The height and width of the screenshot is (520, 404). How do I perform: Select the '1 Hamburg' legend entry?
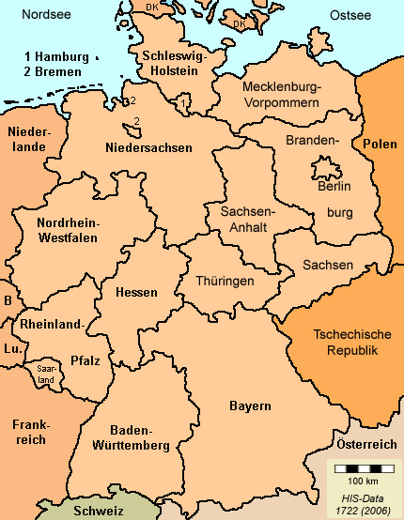coord(58,56)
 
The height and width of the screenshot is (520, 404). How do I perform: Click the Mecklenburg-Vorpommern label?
coord(281,95)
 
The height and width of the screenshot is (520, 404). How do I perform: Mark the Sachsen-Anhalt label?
coord(246,220)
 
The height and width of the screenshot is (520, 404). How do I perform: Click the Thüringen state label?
coord(225,281)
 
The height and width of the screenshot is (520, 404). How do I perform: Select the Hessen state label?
coord(136,293)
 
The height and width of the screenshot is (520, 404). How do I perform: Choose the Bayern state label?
coord(250,406)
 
